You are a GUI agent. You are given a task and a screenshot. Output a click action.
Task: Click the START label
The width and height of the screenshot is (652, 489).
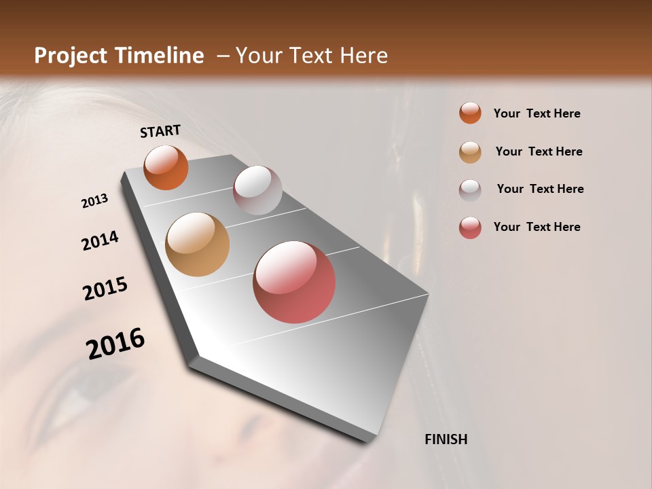click(x=160, y=131)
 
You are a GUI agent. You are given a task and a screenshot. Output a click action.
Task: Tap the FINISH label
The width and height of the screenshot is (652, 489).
click(x=446, y=439)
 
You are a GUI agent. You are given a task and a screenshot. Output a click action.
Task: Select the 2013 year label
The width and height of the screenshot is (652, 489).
click(x=95, y=201)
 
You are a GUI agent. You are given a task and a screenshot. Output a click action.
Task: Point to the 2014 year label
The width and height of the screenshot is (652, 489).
click(x=100, y=240)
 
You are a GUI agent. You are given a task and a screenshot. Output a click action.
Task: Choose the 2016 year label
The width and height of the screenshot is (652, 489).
click(x=115, y=343)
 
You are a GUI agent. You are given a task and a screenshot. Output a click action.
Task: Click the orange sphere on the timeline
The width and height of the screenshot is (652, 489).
click(x=166, y=168)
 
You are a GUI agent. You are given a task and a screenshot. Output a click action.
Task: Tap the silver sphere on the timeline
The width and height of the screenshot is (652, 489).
click(x=257, y=190)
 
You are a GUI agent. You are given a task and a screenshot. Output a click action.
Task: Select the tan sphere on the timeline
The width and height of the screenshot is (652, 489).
click(x=197, y=244)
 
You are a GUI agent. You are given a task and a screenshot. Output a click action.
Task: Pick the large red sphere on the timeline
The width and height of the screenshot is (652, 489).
click(x=294, y=282)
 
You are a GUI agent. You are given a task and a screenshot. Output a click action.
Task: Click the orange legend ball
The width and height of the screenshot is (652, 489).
click(x=470, y=113)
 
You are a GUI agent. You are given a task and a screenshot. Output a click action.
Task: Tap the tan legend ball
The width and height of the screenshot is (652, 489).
click(x=470, y=152)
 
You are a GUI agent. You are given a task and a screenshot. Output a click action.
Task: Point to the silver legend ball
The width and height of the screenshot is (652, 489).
click(x=470, y=189)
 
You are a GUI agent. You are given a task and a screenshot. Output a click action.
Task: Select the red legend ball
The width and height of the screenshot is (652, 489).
click(x=470, y=228)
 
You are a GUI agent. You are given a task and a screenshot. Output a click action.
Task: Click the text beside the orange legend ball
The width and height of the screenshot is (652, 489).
click(x=537, y=113)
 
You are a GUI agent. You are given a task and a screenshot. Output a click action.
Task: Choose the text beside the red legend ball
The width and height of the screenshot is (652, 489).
click(x=537, y=227)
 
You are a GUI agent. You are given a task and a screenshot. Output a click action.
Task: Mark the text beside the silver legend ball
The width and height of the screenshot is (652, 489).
click(x=540, y=189)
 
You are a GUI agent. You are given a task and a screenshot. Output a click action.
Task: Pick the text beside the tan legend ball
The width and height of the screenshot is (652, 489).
click(x=539, y=151)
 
